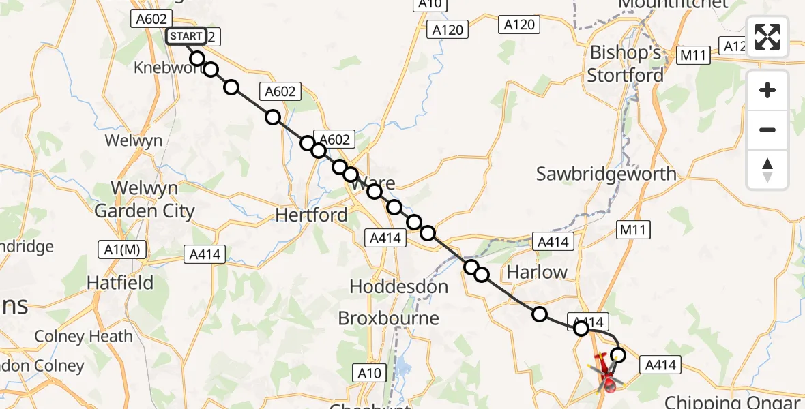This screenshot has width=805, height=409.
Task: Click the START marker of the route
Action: pos(186,36)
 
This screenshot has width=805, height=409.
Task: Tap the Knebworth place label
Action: pos(164,68)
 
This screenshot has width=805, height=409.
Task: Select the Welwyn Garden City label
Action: pos(145,199)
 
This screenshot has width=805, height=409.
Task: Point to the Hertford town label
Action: pos(311,215)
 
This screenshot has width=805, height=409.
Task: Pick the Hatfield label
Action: pos(120,282)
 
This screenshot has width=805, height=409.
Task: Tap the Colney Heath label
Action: pos(83,336)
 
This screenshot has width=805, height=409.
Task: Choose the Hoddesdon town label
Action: pos(399,287)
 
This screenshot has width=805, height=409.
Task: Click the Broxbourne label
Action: pos(389,318)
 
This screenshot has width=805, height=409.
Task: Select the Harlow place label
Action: pos(537,273)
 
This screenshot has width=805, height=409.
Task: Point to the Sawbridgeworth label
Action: pos(606,174)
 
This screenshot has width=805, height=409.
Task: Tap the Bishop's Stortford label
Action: pos(626,64)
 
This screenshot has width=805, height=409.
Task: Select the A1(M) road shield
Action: pos(123,249)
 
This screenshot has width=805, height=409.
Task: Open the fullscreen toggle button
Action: pos(767,37)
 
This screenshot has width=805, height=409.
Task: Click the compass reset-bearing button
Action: pos(767,169)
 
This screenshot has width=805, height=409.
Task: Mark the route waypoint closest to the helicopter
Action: pos(618,354)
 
